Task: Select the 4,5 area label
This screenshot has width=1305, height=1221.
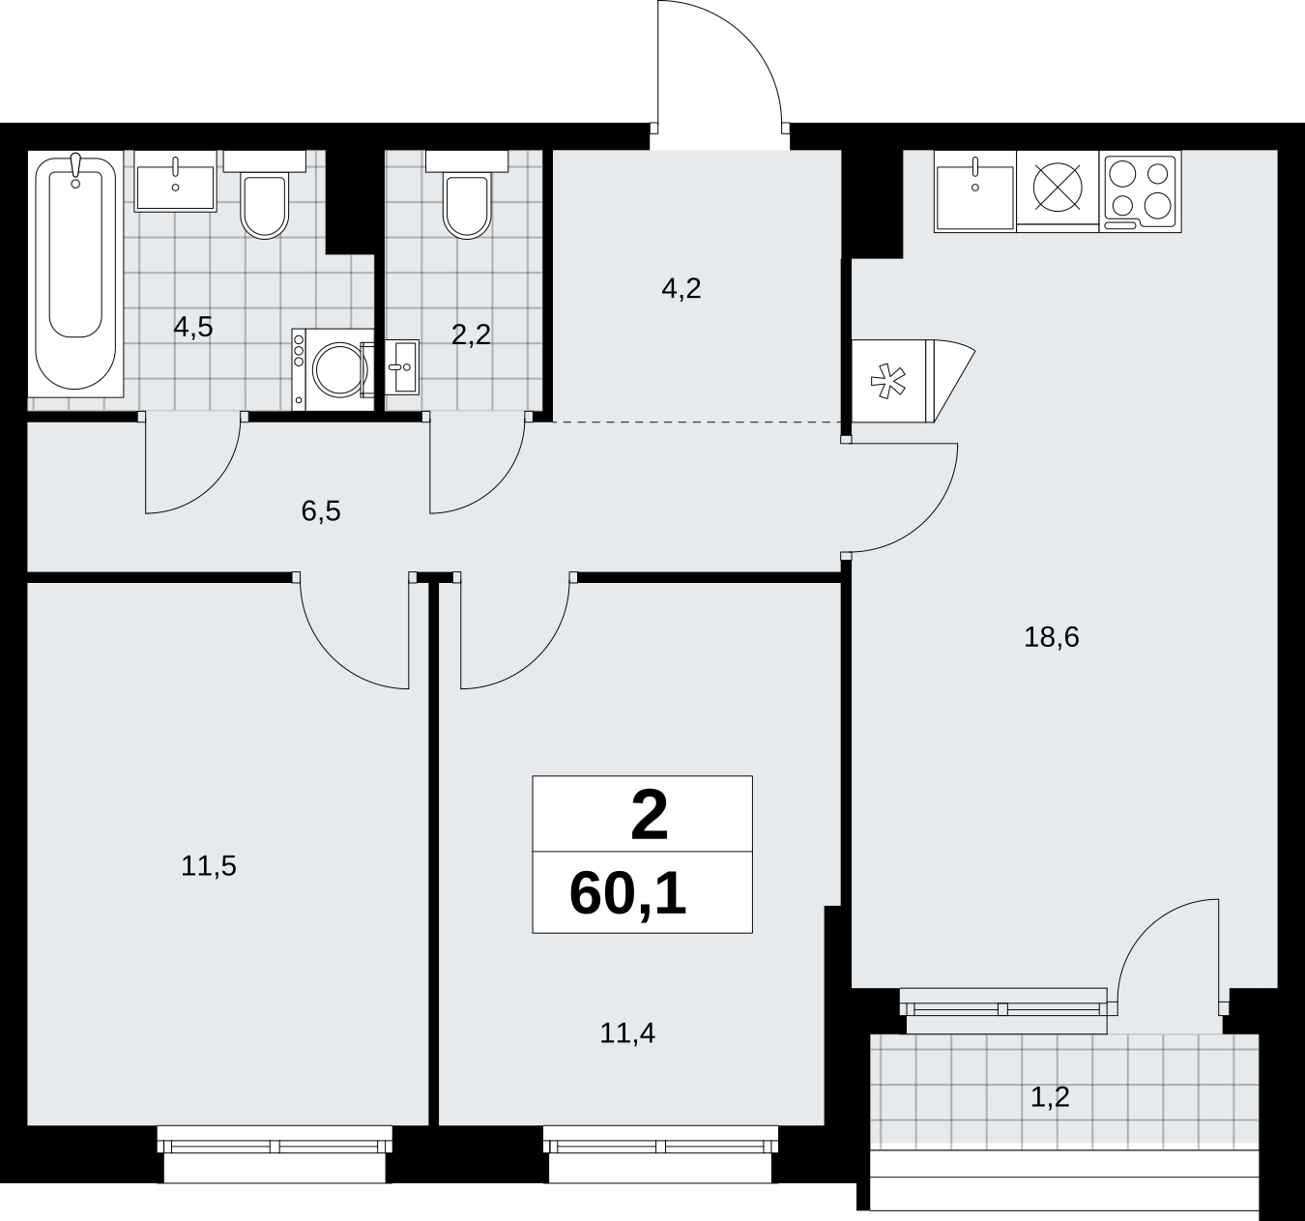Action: coord(193,327)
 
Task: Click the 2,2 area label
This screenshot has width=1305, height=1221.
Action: coord(471,335)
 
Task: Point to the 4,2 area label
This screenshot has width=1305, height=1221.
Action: coord(681,289)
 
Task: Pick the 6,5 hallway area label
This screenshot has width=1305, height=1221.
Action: coord(321,511)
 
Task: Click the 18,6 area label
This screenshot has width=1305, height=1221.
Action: coord(1052,637)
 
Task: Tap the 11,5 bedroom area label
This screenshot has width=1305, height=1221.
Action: coord(208,866)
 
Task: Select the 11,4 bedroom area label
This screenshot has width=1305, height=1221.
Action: coord(627,1033)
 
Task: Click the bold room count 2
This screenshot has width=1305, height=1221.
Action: coord(650,816)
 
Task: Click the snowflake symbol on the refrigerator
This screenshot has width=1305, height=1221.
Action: coord(887,381)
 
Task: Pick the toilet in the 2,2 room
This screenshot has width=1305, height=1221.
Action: coord(467,203)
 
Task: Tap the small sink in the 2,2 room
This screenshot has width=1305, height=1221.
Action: coord(401,366)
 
